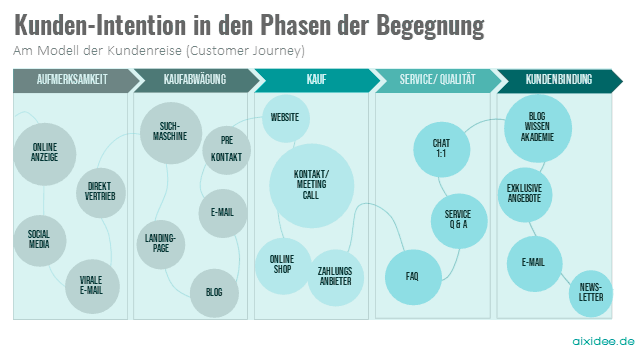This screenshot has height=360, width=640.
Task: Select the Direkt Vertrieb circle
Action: (101, 191)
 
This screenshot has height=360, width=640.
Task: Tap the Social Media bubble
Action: (39, 239)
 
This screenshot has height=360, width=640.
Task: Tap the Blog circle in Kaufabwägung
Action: (214, 291)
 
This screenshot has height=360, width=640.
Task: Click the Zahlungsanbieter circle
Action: (334, 276)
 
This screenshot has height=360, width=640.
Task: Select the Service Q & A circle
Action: (458, 220)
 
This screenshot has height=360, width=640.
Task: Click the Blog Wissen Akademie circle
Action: (537, 127)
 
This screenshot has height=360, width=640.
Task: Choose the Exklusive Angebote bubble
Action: (524, 193)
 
